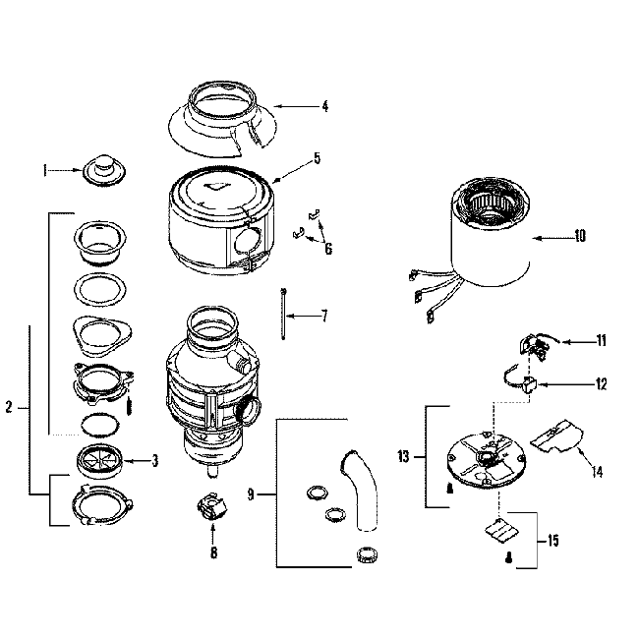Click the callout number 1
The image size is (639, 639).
pos(44,170)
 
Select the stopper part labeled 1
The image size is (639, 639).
pos(101,170)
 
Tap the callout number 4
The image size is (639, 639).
pos(324,105)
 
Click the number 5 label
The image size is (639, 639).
pos(317,157)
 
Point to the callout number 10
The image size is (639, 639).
pos(579,236)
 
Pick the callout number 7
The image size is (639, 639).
pos(323,316)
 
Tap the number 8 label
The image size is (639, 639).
pos(213,552)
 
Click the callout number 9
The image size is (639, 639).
pos(252,494)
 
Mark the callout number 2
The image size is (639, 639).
pos(9,407)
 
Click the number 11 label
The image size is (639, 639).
pos(600,341)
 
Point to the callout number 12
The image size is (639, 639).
pos(600,383)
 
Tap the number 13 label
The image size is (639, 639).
pos(404,456)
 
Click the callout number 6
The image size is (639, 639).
pos(328,250)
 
